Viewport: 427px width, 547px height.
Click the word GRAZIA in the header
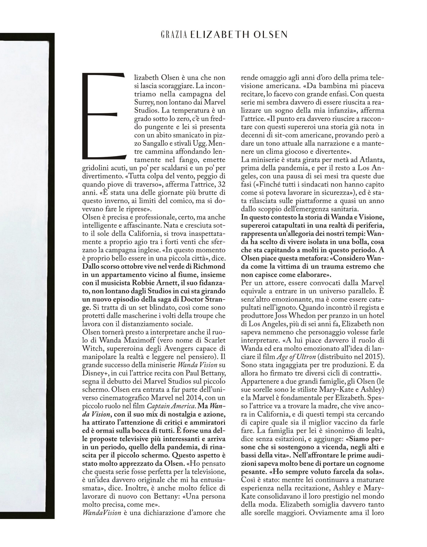(174, 35)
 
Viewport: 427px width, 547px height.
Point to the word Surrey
(143, 102)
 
